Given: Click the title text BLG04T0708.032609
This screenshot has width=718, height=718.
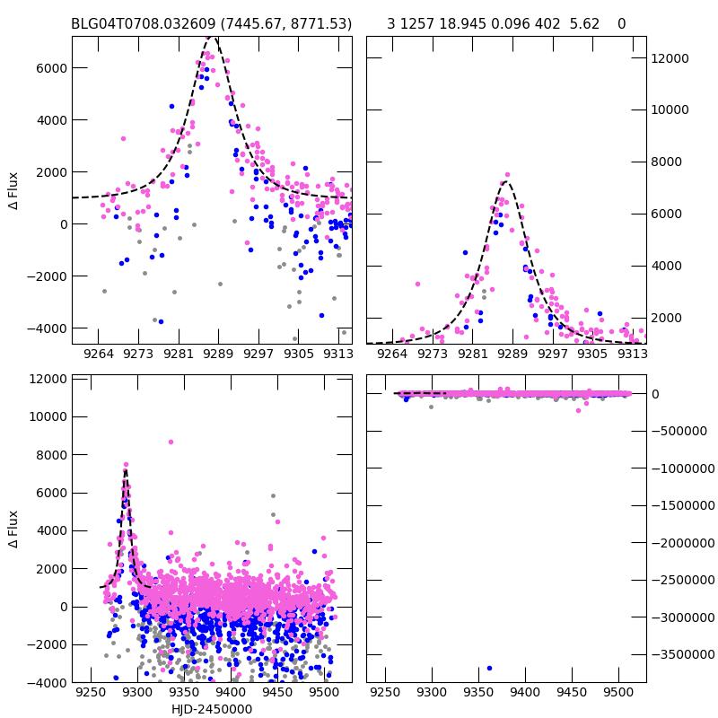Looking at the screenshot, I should click(141, 23).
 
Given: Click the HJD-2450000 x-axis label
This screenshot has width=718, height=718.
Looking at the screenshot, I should click(212, 709).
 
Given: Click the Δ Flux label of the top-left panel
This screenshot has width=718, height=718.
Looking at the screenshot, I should click(13, 191).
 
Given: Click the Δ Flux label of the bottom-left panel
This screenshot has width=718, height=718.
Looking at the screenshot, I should click(13, 530).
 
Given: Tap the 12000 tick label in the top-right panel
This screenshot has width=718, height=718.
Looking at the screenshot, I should click(669, 58).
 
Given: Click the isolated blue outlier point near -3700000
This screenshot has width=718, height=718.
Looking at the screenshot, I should click(489, 668).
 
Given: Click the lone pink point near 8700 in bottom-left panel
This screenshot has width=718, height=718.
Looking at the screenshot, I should click(171, 442).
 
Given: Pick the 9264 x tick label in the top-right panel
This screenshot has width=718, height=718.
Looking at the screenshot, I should click(393, 354).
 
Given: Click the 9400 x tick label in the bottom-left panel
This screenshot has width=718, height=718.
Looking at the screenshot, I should click(231, 693).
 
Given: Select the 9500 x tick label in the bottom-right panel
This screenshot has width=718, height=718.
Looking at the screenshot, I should click(617, 693).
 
